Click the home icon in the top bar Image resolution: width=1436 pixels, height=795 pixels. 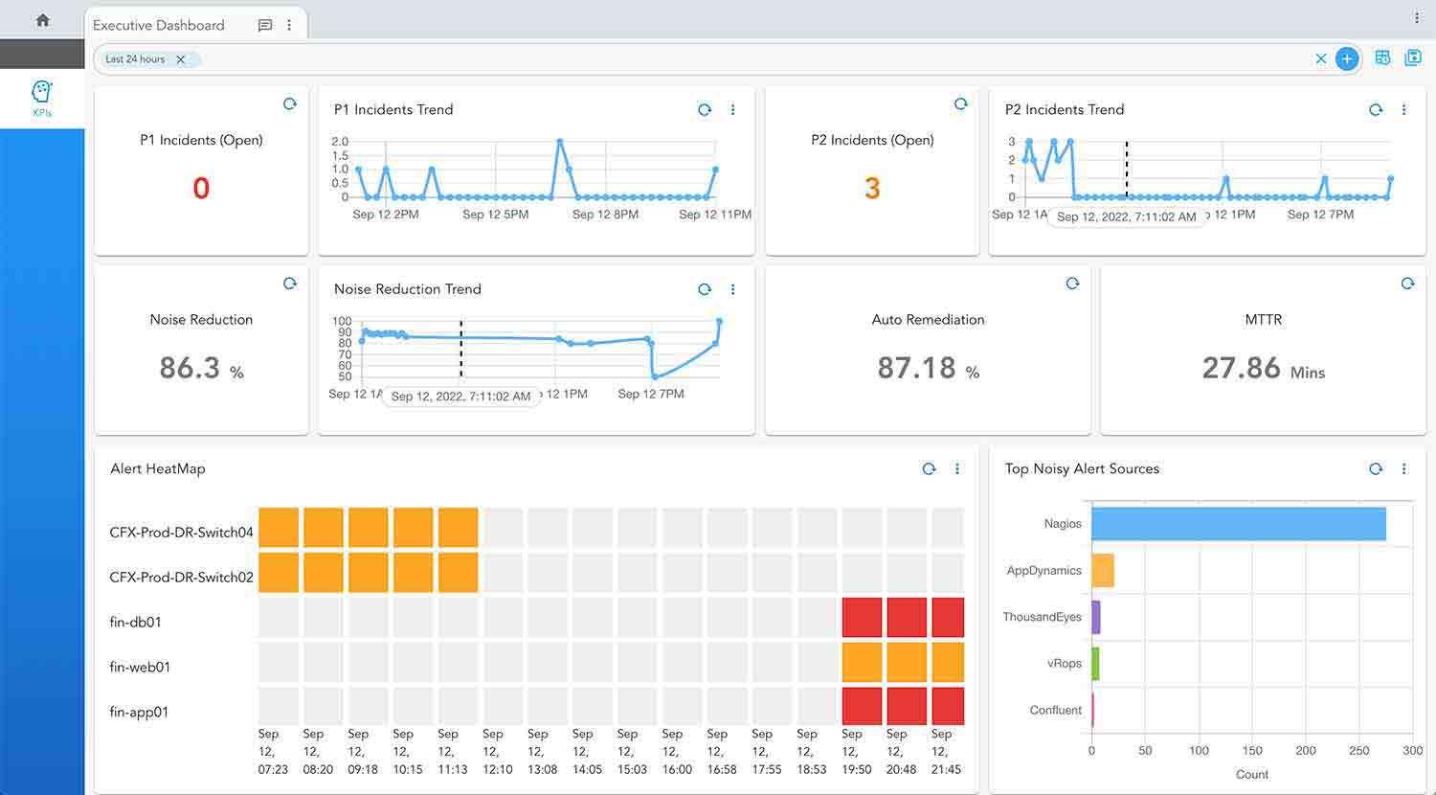click(x=42, y=19)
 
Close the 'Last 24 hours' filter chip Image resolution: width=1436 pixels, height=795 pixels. click(x=181, y=59)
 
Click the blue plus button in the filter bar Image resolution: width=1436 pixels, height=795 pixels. click(x=1347, y=59)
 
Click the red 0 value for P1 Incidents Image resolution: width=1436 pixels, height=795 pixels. click(x=201, y=188)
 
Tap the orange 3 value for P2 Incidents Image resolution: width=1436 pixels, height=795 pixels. click(x=872, y=188)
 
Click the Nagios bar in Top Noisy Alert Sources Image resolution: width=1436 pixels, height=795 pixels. click(x=1238, y=524)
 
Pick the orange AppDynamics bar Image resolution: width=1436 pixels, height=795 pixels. click(x=1103, y=570)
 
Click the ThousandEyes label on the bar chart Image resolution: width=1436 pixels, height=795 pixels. click(x=1042, y=617)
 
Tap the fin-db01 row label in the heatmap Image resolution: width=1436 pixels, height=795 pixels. click(x=136, y=623)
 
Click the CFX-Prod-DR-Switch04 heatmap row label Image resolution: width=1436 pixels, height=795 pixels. click(x=181, y=533)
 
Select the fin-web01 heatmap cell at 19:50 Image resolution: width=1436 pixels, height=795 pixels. click(x=862, y=663)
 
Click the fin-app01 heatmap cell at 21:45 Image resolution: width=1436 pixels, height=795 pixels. click(x=948, y=707)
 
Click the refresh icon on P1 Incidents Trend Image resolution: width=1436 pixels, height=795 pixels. click(x=705, y=110)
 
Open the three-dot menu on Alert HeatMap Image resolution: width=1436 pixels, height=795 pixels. click(x=957, y=469)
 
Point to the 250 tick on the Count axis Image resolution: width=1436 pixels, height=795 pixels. click(x=1358, y=751)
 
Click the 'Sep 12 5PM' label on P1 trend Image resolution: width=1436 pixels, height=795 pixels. click(x=496, y=215)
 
